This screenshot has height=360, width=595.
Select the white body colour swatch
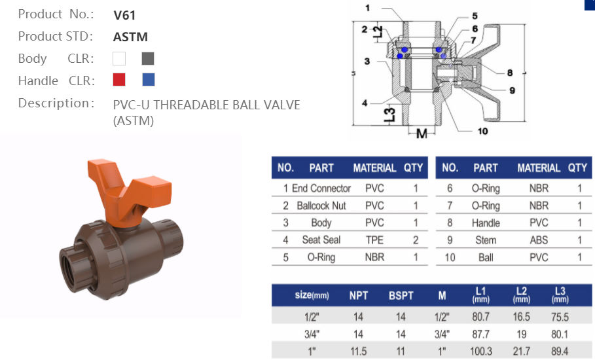coord(119,59)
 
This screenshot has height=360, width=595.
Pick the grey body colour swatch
coord(148,59)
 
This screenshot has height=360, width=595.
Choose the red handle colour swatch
coord(119,80)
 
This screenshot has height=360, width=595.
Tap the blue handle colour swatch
coord(149,80)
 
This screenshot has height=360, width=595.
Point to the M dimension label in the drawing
coord(421,134)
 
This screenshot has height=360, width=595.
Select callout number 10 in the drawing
coord(482,132)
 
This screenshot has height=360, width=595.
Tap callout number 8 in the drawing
coord(509,73)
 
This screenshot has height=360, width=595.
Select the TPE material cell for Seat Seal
coord(374,240)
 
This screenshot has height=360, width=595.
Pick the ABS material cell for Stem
coord(539,240)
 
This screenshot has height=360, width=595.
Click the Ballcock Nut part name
coord(321,206)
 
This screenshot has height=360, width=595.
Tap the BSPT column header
coord(401,295)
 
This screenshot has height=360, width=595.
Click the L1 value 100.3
coord(480,351)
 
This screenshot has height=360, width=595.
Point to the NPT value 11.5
coord(358,351)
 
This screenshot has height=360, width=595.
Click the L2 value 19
coord(522,334)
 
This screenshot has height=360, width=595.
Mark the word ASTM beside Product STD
coord(130,37)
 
